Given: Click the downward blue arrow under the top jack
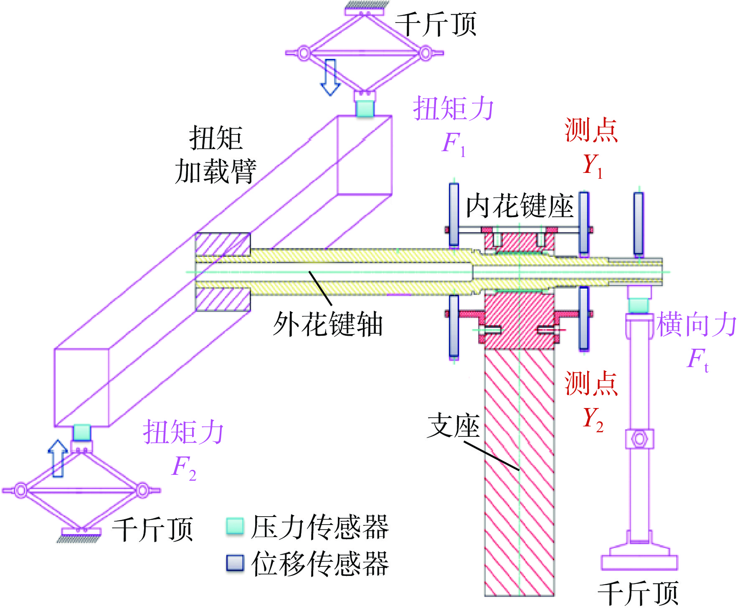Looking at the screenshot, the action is [330, 77].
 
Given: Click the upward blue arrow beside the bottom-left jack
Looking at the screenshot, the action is [58, 459].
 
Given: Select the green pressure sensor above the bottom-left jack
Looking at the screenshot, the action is [82, 433].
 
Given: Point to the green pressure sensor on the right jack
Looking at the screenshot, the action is [639, 305].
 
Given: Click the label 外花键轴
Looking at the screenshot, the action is [328, 324].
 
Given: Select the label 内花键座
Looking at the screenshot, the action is [520, 206].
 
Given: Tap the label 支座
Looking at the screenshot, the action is [454, 426].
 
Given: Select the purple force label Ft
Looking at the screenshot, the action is [698, 360].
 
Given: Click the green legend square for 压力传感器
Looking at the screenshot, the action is [235, 526].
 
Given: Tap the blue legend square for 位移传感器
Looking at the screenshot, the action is [235, 563].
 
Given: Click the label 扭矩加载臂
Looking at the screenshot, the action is [215, 155].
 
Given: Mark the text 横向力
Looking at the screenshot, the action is [697, 324].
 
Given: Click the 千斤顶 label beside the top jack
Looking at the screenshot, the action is [436, 25].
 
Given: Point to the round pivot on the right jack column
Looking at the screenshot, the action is [639, 439].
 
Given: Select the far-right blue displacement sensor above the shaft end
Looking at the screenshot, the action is [639, 223].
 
